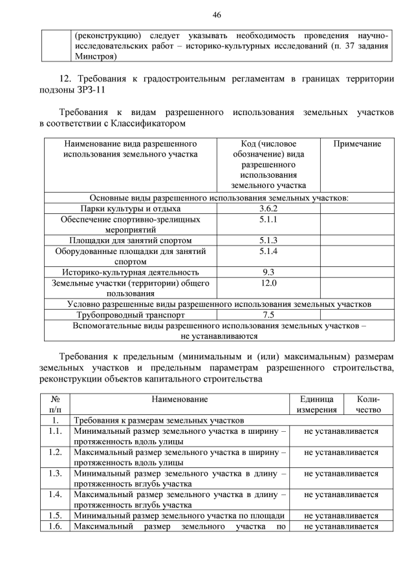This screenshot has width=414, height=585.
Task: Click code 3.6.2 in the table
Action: click(x=268, y=209)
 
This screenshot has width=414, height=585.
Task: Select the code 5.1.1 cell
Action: click(x=268, y=220)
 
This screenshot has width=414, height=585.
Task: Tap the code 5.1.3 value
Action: click(x=268, y=240)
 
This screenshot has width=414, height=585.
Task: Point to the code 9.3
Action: click(x=268, y=272)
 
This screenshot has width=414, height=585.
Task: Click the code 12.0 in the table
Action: click(x=268, y=283)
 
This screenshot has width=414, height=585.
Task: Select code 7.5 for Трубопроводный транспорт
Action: click(x=268, y=315)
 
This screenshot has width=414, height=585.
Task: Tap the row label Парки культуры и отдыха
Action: click(x=131, y=209)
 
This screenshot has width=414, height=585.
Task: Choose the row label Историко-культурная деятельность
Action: click(x=131, y=272)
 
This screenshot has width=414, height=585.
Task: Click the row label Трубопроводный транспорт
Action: click(x=131, y=315)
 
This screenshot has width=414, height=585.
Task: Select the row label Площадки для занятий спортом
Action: click(x=131, y=240)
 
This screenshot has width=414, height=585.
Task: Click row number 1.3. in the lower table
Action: click(x=55, y=473)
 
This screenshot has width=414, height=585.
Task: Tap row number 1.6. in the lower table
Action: click(x=55, y=526)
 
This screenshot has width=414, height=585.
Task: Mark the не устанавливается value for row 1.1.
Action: click(x=341, y=431)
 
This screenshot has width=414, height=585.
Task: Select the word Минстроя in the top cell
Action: click(x=94, y=56)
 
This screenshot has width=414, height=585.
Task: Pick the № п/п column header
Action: click(x=55, y=405)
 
